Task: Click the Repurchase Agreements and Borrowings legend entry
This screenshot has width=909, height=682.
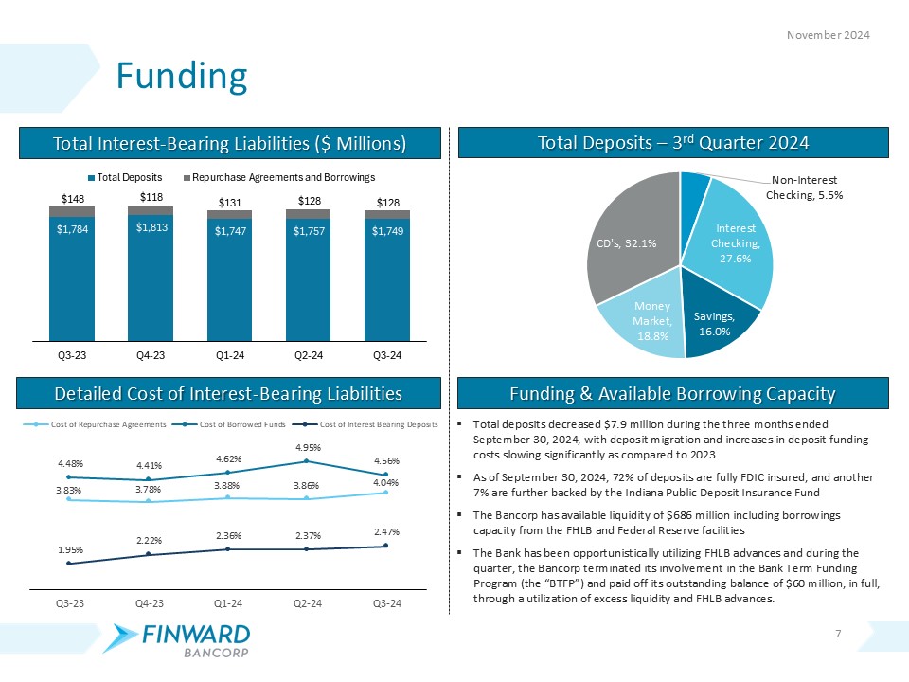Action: click(280, 178)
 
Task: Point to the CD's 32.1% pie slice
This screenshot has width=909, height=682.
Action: click(626, 243)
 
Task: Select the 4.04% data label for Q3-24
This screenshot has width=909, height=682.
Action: click(386, 481)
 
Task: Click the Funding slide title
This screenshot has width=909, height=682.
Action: click(181, 76)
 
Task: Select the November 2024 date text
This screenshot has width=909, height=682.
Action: click(829, 35)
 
